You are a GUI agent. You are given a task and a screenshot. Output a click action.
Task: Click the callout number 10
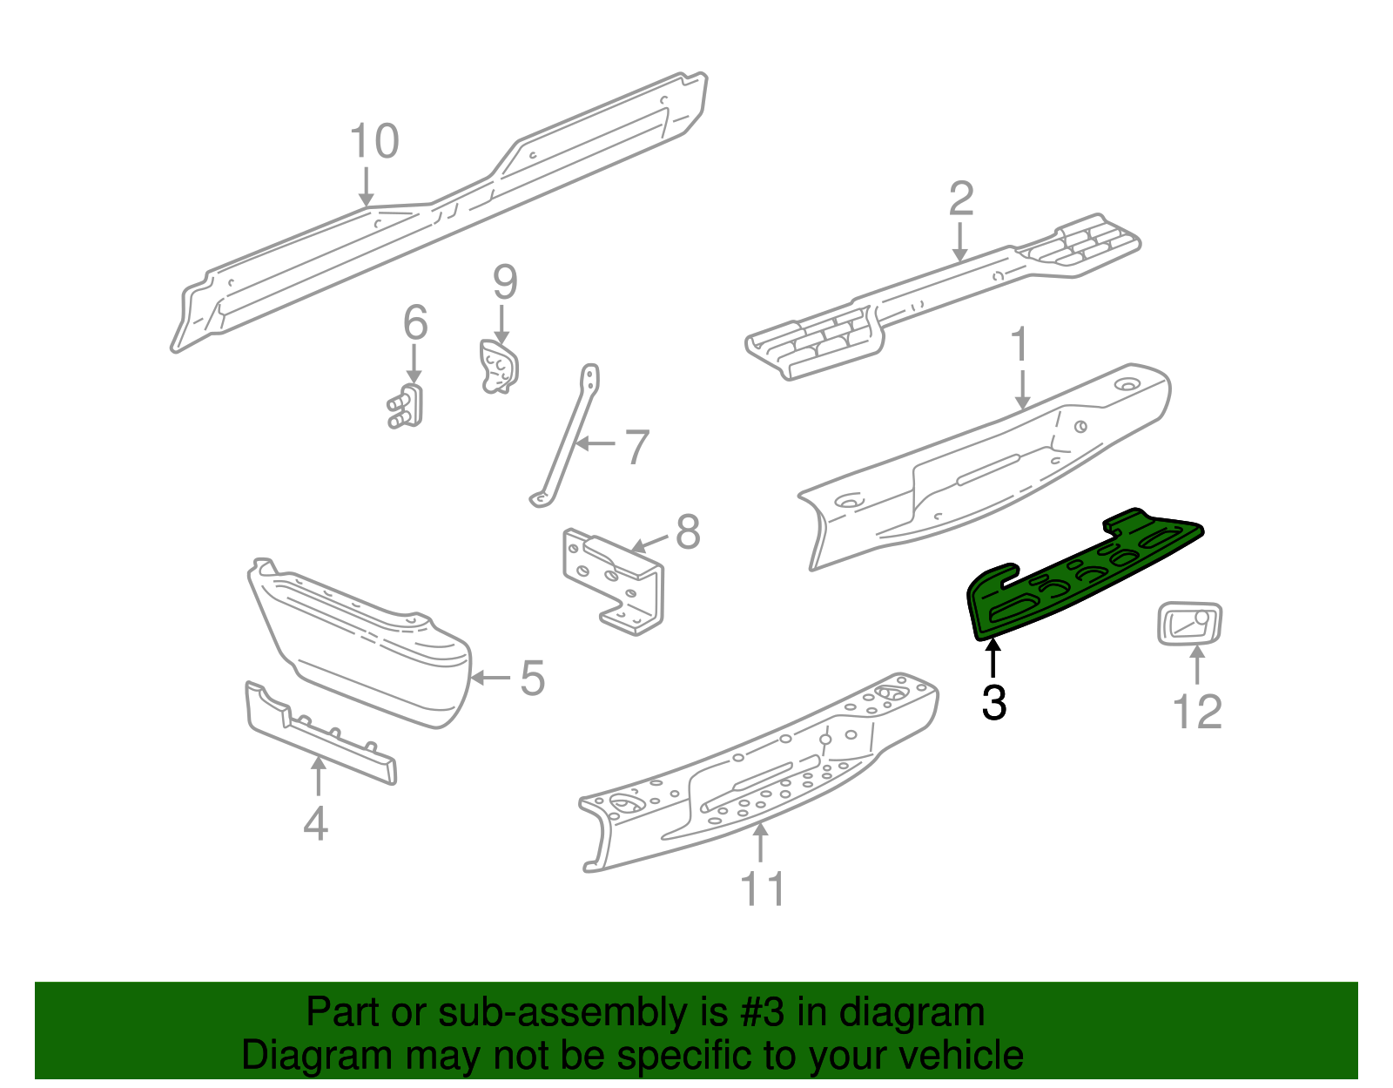coord(374,141)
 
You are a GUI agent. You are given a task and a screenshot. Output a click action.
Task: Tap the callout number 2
coord(960,199)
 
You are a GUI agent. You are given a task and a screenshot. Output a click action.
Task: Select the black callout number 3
coord(993,702)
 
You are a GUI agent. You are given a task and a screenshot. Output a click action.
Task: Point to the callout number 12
coord(1198,712)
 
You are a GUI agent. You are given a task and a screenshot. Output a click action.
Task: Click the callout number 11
coord(762,889)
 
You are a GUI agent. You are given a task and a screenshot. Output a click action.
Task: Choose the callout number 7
coord(637,447)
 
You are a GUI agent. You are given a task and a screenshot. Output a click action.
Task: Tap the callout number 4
coord(315,823)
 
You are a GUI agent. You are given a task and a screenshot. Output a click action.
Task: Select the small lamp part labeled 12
coord(1189,625)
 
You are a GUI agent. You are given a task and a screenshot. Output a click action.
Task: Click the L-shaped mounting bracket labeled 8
coord(614,579)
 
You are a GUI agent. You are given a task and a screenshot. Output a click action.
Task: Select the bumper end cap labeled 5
coord(366,645)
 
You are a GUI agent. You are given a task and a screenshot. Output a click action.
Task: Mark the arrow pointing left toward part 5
coord(491,678)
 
